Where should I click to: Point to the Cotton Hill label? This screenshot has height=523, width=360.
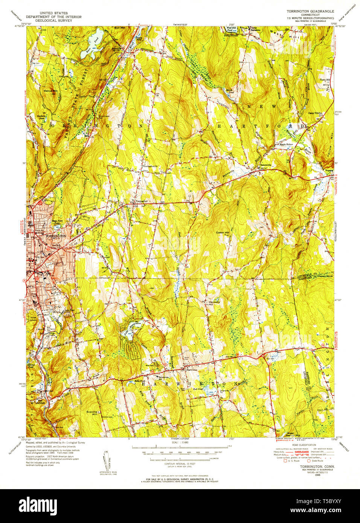222,233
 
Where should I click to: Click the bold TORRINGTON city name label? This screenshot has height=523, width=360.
55,236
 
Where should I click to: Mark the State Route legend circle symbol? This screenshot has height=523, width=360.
309,461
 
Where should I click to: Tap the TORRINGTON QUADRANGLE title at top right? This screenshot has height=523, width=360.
310,12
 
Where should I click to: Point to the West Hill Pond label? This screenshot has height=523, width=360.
231,29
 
